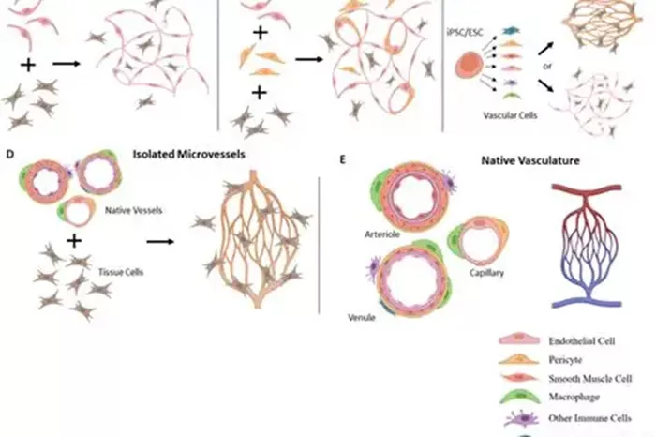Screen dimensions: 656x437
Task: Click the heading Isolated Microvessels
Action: (188, 154)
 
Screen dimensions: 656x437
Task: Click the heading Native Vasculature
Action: (530, 160)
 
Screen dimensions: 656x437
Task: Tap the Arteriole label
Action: (382, 234)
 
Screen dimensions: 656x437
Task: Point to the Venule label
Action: (362, 317)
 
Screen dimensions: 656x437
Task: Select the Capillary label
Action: (486, 273)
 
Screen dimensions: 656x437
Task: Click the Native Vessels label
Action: (133, 210)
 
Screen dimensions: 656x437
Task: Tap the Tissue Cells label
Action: (121, 272)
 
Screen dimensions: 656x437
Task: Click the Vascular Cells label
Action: (510, 115)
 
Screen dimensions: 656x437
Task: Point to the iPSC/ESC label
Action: (465, 32)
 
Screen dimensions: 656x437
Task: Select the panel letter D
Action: (10, 154)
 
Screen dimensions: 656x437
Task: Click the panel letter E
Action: (343, 159)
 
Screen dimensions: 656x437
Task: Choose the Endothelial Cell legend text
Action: (582, 341)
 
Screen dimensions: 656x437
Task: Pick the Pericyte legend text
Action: (565, 360)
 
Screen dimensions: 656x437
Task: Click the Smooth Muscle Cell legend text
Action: (589, 379)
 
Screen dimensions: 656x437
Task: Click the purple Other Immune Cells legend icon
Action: (521, 418)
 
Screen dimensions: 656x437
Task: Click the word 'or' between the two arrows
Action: (547, 67)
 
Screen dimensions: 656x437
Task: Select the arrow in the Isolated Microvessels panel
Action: (160, 242)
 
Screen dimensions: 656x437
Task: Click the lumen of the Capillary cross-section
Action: (478, 240)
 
